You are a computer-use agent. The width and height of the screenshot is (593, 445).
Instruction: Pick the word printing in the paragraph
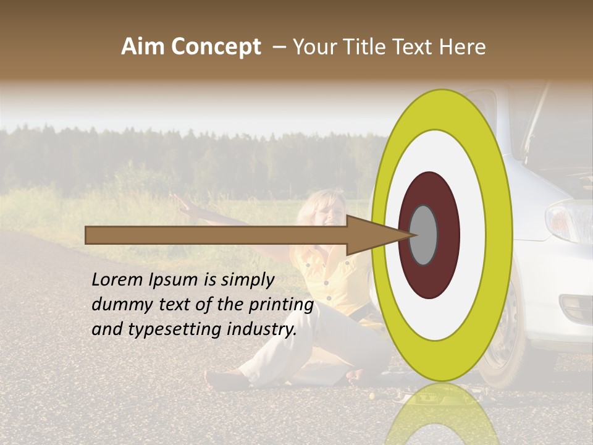pos(283,305)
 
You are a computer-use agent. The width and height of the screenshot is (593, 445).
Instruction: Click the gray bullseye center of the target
pos(423,235)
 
